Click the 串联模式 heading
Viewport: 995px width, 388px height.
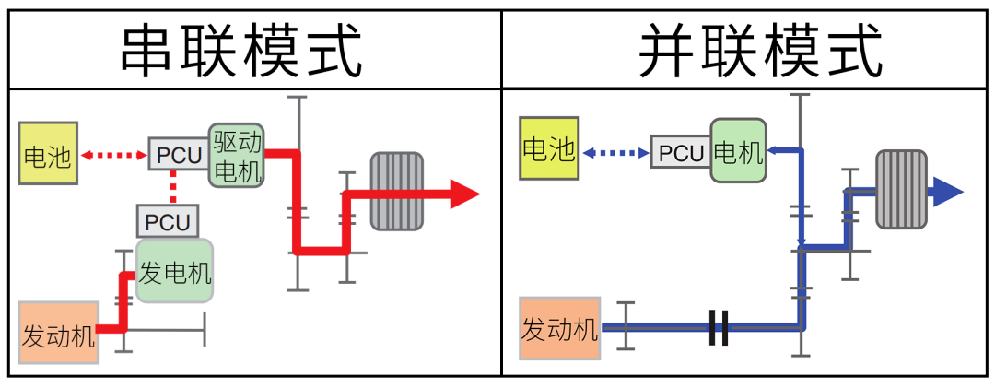(x=241, y=51)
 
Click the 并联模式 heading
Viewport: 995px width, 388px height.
(x=761, y=51)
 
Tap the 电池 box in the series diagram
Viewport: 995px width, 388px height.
(x=46, y=156)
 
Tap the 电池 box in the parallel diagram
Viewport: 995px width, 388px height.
(x=548, y=148)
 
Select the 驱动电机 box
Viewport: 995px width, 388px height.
(x=237, y=155)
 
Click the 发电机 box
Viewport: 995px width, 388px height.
(x=174, y=271)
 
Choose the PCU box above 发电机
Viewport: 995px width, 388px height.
(x=167, y=221)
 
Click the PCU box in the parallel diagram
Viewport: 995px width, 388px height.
(x=681, y=152)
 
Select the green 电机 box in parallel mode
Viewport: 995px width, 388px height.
(x=738, y=149)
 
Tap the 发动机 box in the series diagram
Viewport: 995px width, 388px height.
(x=58, y=332)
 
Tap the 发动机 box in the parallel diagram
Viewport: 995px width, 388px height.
(x=559, y=327)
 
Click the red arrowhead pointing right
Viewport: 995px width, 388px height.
(x=464, y=194)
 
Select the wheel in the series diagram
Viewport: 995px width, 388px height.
(x=395, y=191)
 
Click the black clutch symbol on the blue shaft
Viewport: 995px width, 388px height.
(x=719, y=328)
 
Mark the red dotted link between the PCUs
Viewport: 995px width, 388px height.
(x=172, y=188)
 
